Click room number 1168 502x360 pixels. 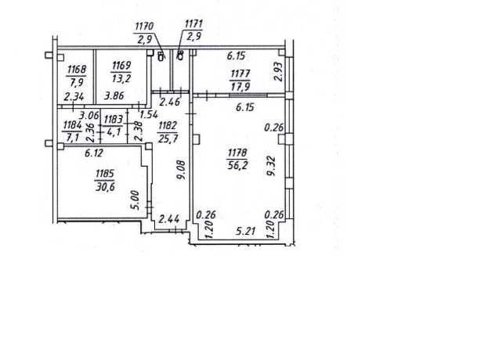click(x=77, y=69)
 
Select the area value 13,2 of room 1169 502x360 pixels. click(x=121, y=78)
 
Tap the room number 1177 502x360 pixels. click(x=240, y=74)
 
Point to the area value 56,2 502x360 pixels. click(x=237, y=165)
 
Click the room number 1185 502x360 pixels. click(x=105, y=174)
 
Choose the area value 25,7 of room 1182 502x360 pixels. click(x=168, y=139)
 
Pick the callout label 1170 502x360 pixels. click(x=144, y=27)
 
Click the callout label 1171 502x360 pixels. click(x=193, y=24)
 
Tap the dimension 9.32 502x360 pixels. click(x=271, y=166)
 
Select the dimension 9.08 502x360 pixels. click(x=182, y=170)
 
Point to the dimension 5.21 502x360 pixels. click(x=246, y=231)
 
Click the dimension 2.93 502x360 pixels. click(x=279, y=72)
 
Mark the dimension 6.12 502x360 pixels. click(x=94, y=153)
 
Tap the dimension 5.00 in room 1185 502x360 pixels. click(x=135, y=200)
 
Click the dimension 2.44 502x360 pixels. click(x=169, y=219)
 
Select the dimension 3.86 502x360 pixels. click(x=114, y=95)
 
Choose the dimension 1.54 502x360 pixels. click(x=150, y=114)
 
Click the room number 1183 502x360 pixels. click(x=114, y=120)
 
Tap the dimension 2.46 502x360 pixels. click(x=170, y=102)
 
